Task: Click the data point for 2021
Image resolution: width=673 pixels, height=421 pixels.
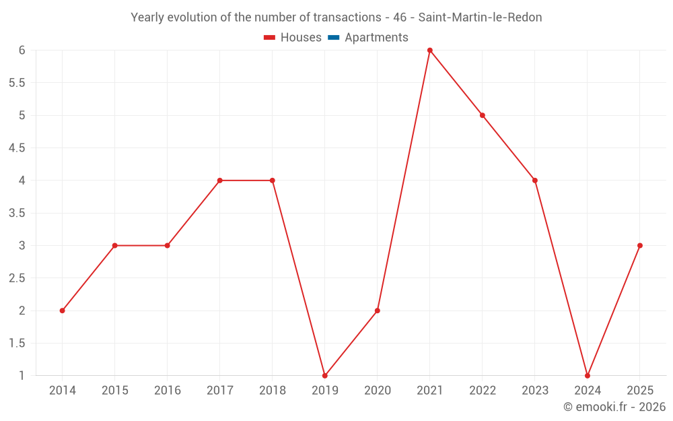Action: click(x=429, y=51)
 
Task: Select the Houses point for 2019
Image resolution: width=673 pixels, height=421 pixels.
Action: click(x=324, y=376)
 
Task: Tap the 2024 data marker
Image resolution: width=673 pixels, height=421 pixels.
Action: click(x=588, y=376)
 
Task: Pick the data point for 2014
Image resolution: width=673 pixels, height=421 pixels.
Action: click(x=62, y=311)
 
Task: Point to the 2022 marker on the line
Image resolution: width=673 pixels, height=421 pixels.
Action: click(x=482, y=115)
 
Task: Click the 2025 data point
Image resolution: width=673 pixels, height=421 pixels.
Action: click(x=640, y=245)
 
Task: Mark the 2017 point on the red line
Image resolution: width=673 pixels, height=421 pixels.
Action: click(x=219, y=181)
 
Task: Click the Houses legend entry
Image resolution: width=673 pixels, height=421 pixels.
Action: click(x=293, y=38)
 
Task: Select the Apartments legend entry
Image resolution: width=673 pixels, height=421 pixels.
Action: click(x=368, y=38)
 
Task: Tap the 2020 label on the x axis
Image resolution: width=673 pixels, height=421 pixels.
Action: click(x=378, y=391)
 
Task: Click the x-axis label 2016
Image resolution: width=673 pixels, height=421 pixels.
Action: click(x=167, y=391)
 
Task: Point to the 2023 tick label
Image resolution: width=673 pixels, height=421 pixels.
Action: click(x=535, y=391)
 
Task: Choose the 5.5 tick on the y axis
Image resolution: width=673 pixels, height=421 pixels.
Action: click(x=17, y=83)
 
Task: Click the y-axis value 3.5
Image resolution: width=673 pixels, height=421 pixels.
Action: click(x=17, y=213)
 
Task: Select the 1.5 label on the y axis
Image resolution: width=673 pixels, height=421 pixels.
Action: click(x=17, y=344)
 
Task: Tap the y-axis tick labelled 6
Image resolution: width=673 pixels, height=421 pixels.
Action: click(x=22, y=51)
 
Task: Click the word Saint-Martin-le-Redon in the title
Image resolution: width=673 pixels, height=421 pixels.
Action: click(x=480, y=18)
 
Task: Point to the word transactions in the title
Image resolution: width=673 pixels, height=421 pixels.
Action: click(x=347, y=18)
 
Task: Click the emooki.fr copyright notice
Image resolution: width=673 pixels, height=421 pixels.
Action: click(x=614, y=407)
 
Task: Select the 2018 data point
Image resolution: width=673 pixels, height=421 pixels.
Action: click(x=272, y=181)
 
